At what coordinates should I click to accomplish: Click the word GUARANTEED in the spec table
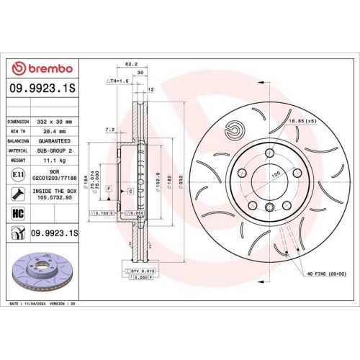pyautogui.click(x=55, y=143)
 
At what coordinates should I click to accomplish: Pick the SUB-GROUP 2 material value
pyautogui.click(x=55, y=153)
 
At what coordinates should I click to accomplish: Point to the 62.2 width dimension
pyautogui.click(x=130, y=63)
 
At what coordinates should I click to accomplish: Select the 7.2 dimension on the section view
pyautogui.click(x=109, y=130)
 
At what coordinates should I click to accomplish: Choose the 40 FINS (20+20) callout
pyautogui.click(x=325, y=275)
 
